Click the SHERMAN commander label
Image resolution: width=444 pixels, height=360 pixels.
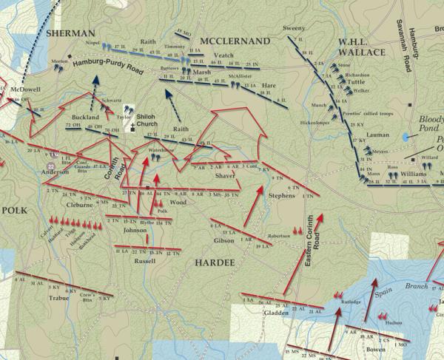pos(70,33)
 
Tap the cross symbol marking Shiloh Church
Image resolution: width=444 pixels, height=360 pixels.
pos(133,126)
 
